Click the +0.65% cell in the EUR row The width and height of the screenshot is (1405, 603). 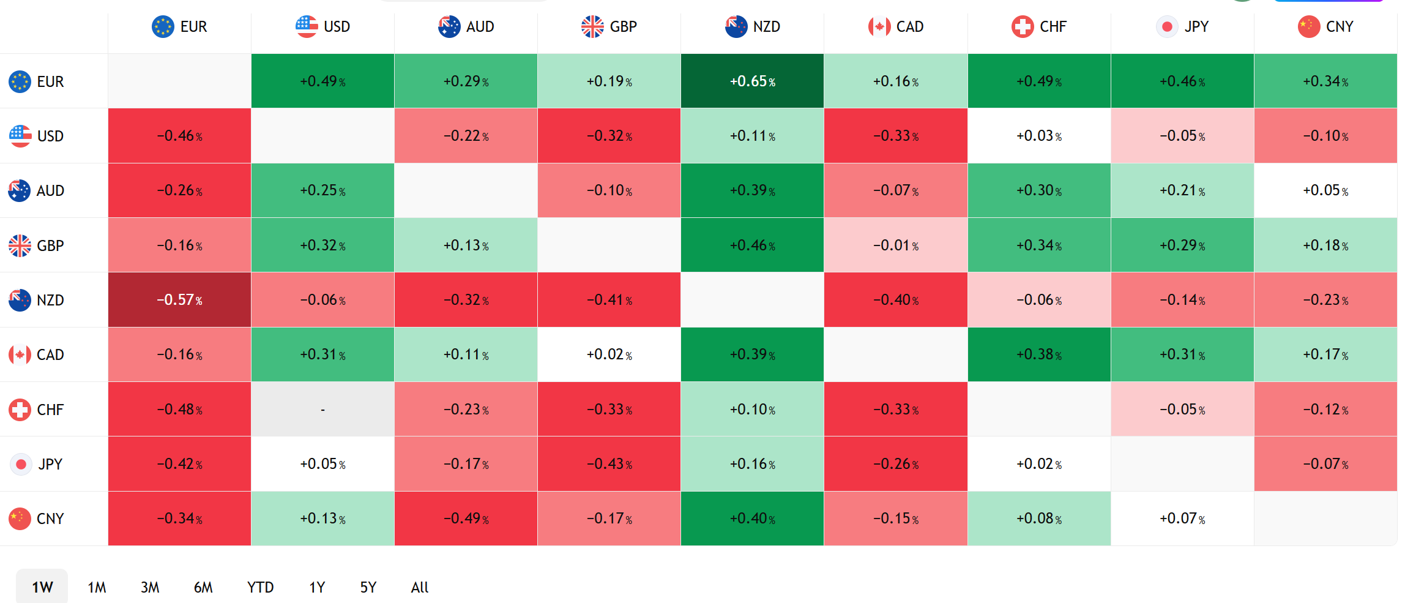752,81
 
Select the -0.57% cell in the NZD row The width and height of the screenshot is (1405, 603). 179,299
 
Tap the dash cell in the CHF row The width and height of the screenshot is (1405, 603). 322,409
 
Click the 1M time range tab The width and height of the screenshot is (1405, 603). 97,587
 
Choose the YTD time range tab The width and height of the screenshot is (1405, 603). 260,587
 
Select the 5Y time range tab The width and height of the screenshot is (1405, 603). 368,587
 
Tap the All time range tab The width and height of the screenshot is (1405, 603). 420,587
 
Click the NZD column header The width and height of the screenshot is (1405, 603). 752,27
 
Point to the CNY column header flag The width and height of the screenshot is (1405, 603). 1308,27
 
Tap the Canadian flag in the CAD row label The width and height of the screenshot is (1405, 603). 20,355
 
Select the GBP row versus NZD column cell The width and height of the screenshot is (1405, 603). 752,245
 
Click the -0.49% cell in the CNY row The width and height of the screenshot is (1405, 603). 466,519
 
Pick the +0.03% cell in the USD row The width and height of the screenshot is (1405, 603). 1039,135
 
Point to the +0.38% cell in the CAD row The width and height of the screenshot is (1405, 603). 1039,354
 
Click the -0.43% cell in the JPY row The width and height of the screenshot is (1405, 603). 609,464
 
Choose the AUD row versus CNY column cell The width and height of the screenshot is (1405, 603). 1325,190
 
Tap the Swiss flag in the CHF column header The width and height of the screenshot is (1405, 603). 1023,27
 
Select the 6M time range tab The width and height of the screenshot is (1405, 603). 203,587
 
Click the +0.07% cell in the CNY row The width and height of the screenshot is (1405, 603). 1182,519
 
